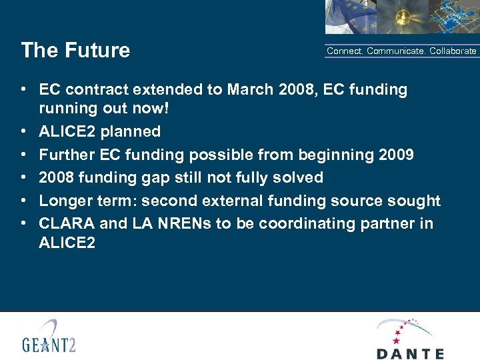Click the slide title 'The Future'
75,51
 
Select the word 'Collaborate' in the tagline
453,51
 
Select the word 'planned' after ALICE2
131,132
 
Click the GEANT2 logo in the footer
49,337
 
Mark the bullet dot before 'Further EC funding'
23,155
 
